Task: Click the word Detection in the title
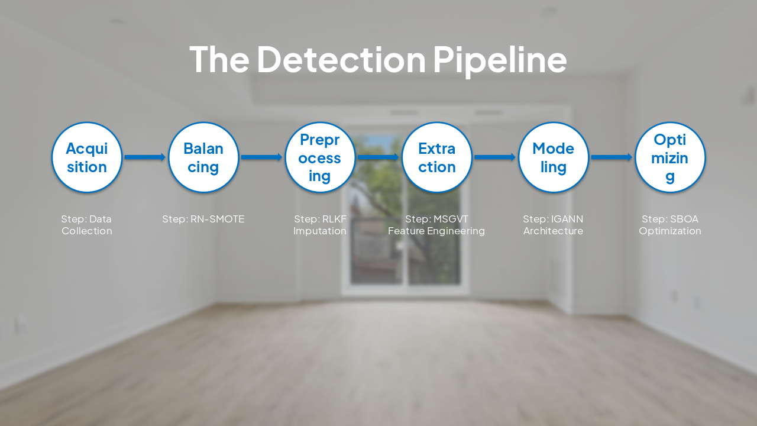[341, 59]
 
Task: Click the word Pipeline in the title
[500, 59]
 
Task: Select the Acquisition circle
[87, 157]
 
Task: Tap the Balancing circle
[203, 157]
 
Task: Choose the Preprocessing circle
[320, 157]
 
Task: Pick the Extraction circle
[437, 157]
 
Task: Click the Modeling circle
[554, 157]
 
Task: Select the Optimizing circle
[670, 157]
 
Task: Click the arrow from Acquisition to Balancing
[145, 157]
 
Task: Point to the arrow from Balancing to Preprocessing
[261, 157]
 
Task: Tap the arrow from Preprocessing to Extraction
[378, 157]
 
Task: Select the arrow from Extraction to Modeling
[495, 157]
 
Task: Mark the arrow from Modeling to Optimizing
[612, 157]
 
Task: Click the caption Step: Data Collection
[87, 225]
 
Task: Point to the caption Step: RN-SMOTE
[203, 220]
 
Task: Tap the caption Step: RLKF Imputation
[320, 225]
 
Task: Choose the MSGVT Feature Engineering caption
[436, 225]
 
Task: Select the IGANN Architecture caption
[554, 225]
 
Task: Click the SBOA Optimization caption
[670, 225]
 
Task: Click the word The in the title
[219, 59]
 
